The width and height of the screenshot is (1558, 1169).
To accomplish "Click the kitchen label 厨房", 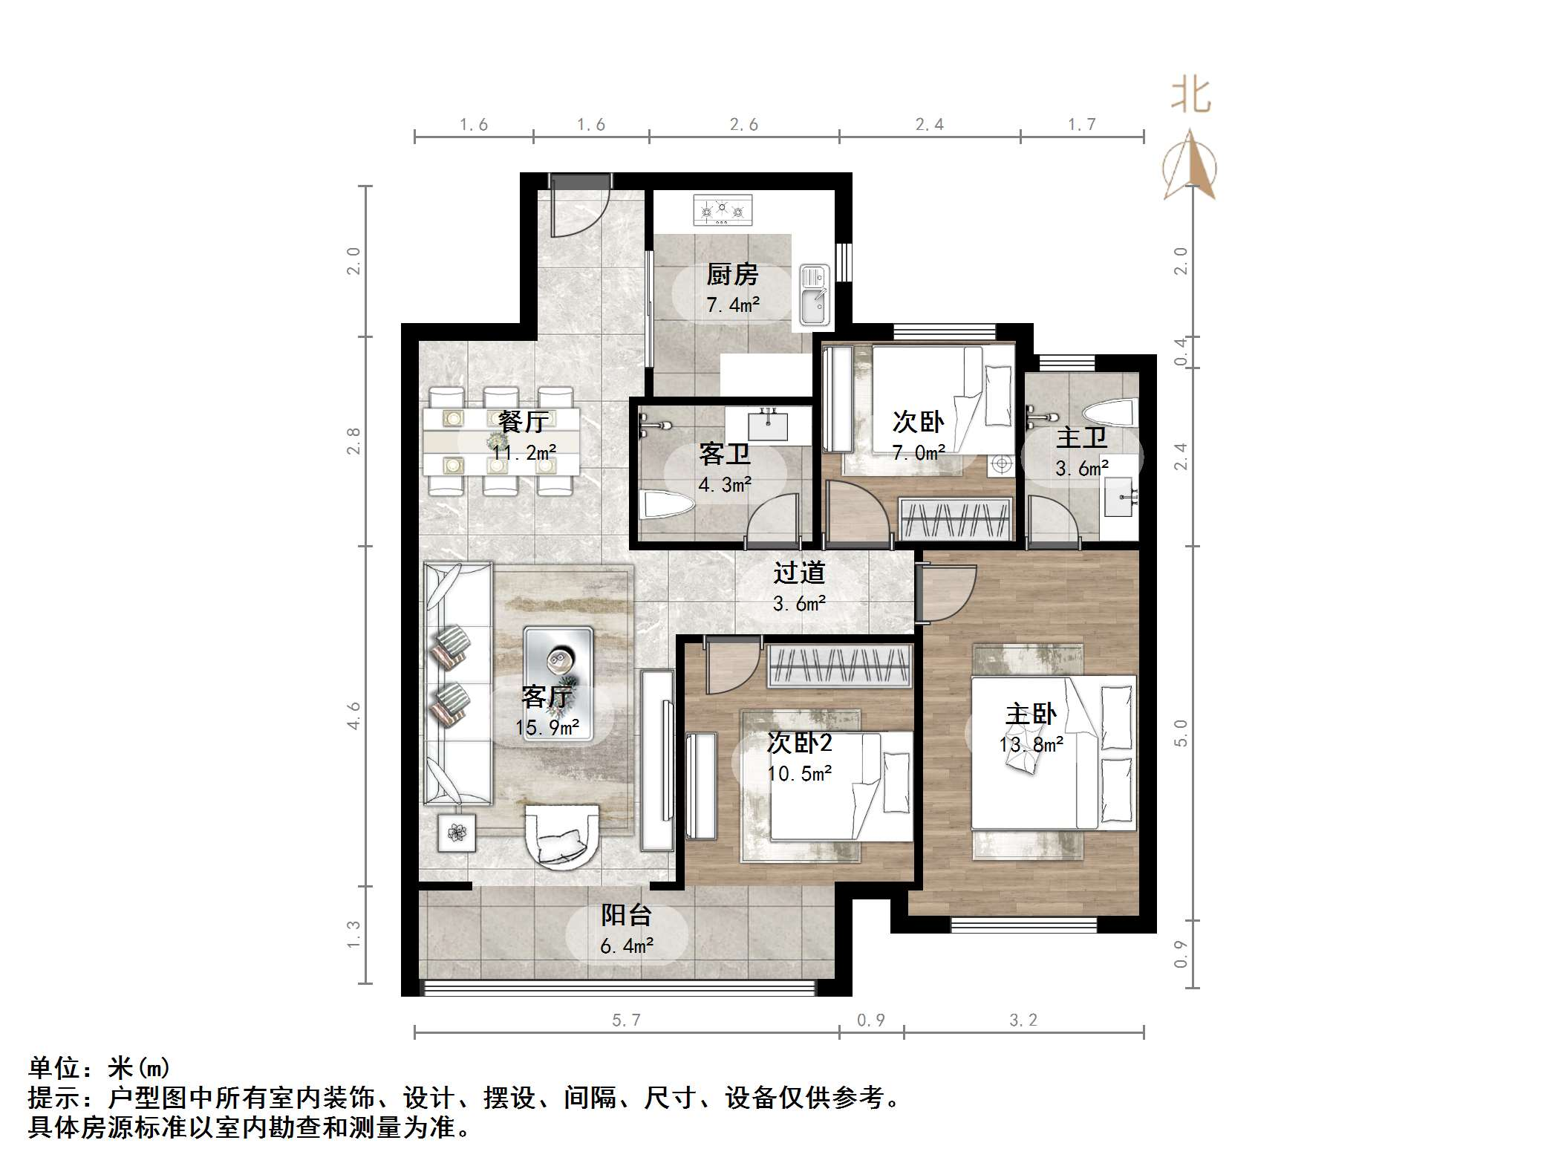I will click(732, 275).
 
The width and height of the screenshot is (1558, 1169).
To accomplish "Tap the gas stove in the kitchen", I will click(722, 210).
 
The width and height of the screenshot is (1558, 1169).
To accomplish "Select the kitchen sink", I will click(814, 296).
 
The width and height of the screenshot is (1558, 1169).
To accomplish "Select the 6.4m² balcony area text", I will click(627, 946).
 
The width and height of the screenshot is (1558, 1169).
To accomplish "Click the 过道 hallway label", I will click(799, 573).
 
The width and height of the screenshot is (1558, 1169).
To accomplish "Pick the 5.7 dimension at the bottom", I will click(626, 1020).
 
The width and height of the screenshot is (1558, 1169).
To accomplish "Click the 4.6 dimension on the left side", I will click(353, 715).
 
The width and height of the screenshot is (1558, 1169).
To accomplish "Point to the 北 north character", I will click(1191, 96).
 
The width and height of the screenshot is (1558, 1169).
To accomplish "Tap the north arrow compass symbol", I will click(1190, 166).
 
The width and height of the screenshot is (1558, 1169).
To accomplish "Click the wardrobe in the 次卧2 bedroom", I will click(840, 665).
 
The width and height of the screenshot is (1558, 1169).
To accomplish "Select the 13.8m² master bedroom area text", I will click(1031, 745).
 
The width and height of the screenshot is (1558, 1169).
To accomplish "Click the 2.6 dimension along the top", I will click(743, 125).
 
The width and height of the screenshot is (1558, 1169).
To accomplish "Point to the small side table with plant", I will click(456, 833).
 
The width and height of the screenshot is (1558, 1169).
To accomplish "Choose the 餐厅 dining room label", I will click(523, 422).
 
